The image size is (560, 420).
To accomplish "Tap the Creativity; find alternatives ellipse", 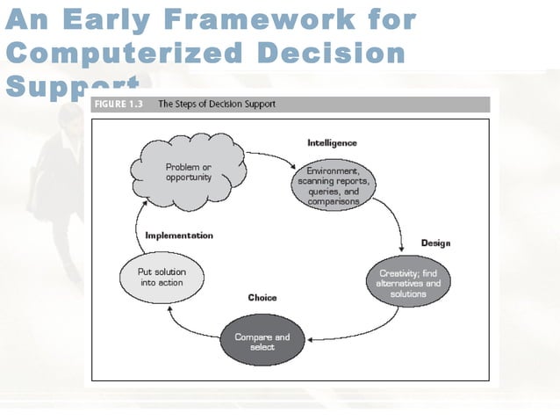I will click(408, 283).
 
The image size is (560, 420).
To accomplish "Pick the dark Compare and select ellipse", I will click(262, 341).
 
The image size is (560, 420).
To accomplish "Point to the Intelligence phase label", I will click(332, 142).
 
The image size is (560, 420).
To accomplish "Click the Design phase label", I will click(435, 243).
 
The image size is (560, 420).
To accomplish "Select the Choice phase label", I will click(262, 298).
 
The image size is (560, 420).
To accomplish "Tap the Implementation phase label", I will click(179, 235).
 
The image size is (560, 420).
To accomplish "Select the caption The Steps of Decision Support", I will click(216, 105).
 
